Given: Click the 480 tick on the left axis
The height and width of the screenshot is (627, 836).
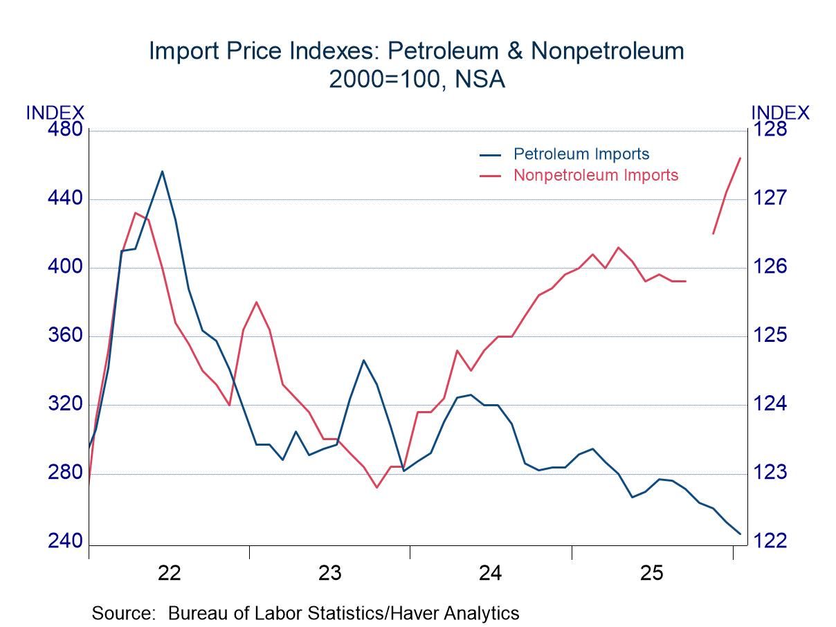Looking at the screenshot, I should [65, 130].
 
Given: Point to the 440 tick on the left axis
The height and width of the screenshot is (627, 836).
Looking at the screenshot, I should [65, 199].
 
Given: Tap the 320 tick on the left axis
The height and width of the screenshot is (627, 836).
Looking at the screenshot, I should [65, 404].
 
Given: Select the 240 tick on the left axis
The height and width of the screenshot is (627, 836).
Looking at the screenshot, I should [65, 541].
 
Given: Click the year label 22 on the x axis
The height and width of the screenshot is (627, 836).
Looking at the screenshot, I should [169, 573].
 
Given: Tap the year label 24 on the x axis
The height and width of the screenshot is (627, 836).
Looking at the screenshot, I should [491, 573].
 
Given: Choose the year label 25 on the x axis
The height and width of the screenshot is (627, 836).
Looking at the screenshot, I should [652, 573].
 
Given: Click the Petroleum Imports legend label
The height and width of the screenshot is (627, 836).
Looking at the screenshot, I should [581, 154].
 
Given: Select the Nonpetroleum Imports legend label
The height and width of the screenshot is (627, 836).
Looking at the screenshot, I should [595, 174].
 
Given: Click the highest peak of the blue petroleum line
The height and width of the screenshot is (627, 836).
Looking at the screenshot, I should [162, 171].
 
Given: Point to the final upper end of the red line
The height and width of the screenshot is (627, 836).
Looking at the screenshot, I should [740, 158].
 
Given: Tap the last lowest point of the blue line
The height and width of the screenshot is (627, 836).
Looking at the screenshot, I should [740, 534].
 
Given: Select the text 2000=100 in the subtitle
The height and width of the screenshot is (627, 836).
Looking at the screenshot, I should [382, 80].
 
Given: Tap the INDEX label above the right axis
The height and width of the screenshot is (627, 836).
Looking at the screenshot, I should [780, 113].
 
